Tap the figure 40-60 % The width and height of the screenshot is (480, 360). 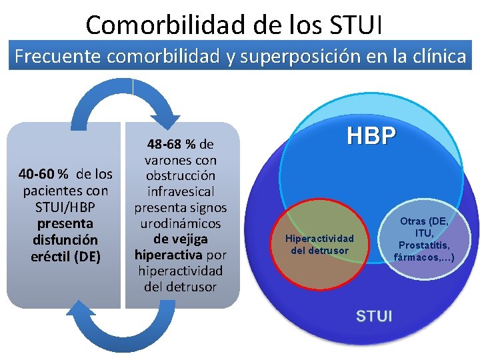tap(44, 175)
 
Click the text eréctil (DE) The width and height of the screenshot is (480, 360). tap(65, 255)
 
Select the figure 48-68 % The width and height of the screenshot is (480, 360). tap(171, 144)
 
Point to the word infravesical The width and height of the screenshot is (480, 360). tap(181, 191)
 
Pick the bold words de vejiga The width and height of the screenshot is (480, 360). tap(181, 239)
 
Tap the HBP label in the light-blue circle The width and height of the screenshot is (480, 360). tap(371, 136)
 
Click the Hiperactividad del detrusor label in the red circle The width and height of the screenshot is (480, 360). tap(319, 244)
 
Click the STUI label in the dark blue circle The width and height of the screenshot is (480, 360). tap(374, 315)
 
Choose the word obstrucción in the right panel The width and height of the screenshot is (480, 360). tap(181, 176)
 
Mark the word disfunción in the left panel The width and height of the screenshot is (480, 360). tap(65, 239)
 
